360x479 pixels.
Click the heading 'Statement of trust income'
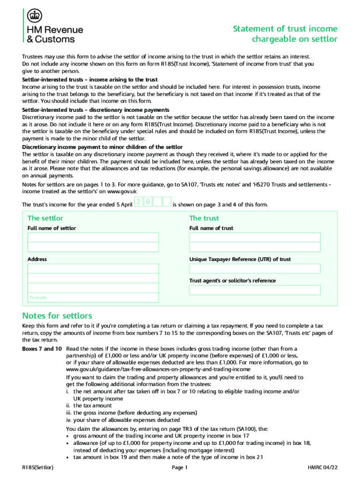pos(285,29)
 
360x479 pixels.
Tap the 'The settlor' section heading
pos(45,218)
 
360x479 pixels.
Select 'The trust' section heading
pos(204,218)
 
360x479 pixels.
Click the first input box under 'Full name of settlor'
pos(93,237)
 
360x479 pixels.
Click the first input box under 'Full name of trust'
pos(255,237)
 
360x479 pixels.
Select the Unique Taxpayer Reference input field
pos(255,269)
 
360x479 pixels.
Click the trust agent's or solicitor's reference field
pos(255,290)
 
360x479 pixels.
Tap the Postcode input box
pos(93,298)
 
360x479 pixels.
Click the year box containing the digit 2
pos(138,202)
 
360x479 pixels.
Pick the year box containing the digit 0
pos(147,202)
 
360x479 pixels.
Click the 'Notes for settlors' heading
pos(57,316)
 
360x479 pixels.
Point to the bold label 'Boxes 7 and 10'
pos(42,349)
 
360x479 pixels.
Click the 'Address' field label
pos(37,259)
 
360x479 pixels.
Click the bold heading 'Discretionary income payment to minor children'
pos(102,147)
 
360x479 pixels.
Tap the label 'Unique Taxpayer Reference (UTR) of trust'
pos(240,259)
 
